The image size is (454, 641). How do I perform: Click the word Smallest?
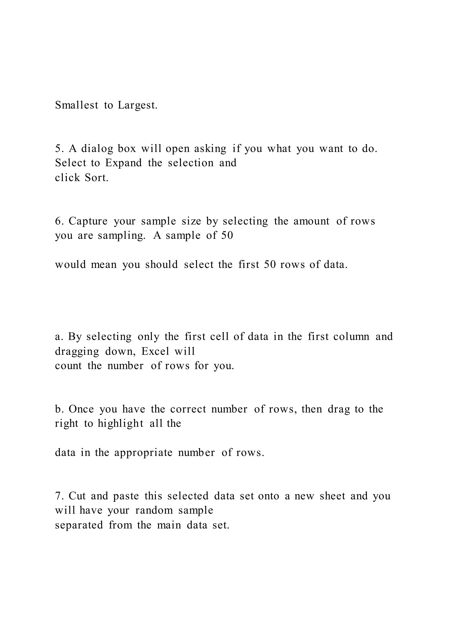[77, 105]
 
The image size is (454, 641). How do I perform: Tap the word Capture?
[88, 221]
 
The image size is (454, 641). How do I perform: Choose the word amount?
[311, 221]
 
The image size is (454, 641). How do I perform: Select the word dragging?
[77, 351]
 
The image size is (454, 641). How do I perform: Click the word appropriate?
[143, 453]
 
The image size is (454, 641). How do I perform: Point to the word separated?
[79, 525]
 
